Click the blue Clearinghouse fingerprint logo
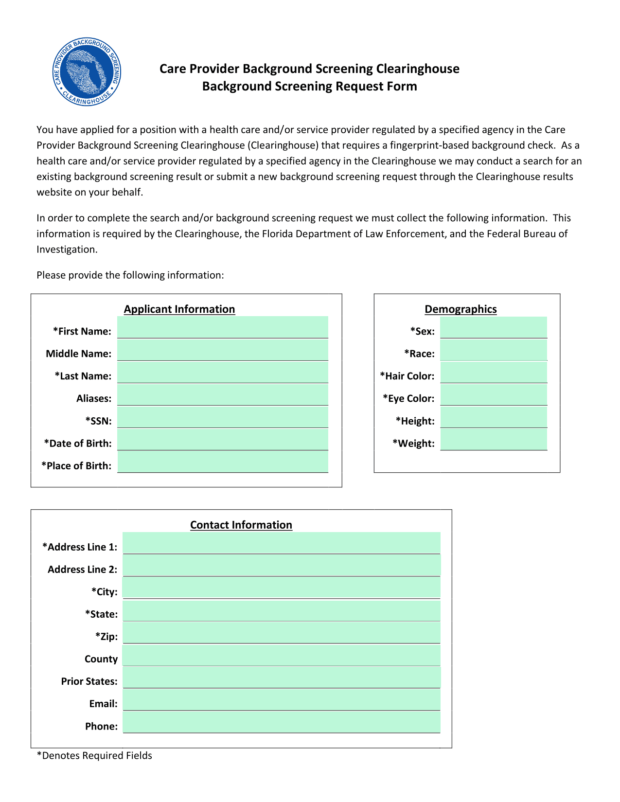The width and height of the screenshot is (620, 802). click(87, 71)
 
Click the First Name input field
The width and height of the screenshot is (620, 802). click(222, 327)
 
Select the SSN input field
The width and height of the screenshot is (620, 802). click(222, 417)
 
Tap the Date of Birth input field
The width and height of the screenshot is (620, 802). click(222, 440)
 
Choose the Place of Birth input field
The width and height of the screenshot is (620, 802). click(222, 462)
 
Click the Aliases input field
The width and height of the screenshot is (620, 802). click(222, 395)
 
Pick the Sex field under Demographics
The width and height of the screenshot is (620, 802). click(493, 327)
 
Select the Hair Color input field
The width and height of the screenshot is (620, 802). click(493, 373)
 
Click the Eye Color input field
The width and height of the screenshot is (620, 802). click(493, 395)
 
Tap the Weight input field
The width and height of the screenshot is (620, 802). click(493, 440)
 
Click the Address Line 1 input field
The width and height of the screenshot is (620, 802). click(281, 543)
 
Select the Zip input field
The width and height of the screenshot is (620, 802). click(281, 633)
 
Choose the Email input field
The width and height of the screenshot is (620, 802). click(281, 700)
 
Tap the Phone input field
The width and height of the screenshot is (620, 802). click(281, 722)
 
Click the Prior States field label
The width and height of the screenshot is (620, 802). click(89, 681)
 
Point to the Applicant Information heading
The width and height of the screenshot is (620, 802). click(179, 309)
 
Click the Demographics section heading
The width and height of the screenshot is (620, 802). click(461, 309)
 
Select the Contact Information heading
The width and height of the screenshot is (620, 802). click(241, 525)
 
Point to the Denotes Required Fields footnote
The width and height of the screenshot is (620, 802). click(94, 756)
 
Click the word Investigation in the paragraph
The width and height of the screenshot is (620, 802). click(67, 250)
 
